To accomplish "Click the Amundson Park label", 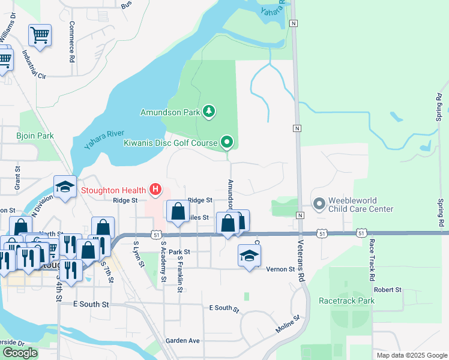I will tap(170, 112).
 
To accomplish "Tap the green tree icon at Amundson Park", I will tap(209, 111).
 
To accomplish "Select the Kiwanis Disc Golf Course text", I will tap(170, 143).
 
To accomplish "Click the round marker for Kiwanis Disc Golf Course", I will tap(227, 142).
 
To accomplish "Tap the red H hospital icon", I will tap(155, 190).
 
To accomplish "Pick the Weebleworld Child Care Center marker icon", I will tap(318, 205).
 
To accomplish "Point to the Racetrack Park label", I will tap(346, 301).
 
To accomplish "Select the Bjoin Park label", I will tap(35, 136).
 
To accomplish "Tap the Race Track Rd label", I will tap(372, 260).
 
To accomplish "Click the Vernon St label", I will tap(281, 269).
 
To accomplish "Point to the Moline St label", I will tap(288, 326).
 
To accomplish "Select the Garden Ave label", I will tap(182, 340).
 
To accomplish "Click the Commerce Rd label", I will tap(71, 43).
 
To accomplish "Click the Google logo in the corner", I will tap(20, 352).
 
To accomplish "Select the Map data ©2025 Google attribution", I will tap(411, 355).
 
